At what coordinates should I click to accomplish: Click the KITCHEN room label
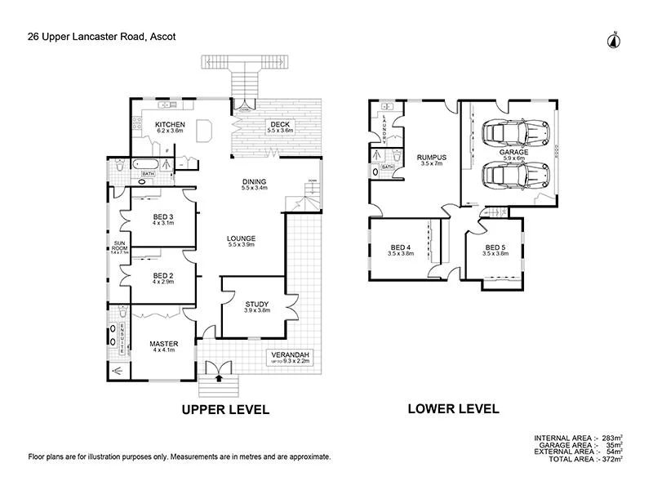(x=170, y=124)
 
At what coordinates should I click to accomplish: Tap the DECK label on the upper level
(x=280, y=124)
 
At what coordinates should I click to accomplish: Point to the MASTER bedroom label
(x=163, y=344)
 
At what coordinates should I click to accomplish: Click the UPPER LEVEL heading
(x=224, y=409)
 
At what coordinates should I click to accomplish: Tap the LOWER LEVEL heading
(x=453, y=408)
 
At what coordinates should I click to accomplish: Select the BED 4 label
(x=401, y=247)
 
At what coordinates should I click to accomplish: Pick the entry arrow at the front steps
(x=219, y=377)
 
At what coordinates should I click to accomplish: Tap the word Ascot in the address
(x=159, y=36)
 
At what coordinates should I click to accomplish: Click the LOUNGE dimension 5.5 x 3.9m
(x=242, y=245)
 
